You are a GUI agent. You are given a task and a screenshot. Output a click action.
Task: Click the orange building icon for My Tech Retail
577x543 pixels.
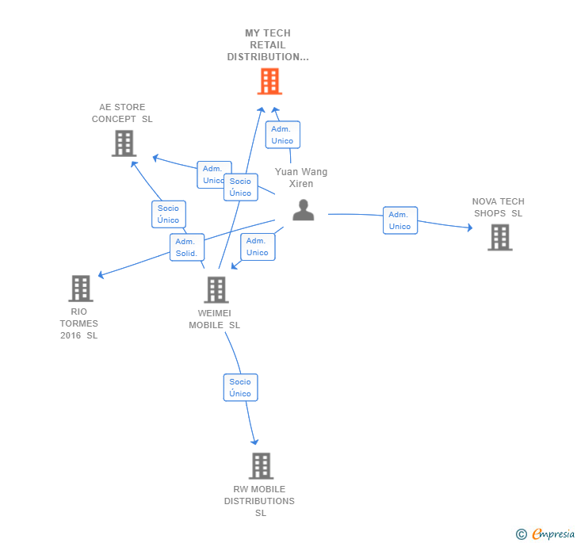tap(269, 81)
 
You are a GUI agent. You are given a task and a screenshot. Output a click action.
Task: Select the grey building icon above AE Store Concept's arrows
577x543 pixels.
tap(124, 143)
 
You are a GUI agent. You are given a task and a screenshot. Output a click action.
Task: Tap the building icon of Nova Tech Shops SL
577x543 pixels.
tap(499, 237)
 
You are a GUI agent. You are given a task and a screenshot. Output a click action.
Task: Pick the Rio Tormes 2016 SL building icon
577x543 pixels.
tap(81, 289)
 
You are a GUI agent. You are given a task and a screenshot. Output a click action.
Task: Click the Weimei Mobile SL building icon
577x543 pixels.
tap(216, 290)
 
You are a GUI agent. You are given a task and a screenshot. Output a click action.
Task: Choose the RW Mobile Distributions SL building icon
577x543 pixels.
tap(261, 466)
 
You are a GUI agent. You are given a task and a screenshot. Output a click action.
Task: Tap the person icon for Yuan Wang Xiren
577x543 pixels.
tap(304, 210)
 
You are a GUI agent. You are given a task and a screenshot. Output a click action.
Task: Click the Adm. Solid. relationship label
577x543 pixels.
tap(187, 247)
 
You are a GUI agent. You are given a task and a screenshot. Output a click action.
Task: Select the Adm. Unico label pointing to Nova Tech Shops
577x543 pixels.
tap(399, 220)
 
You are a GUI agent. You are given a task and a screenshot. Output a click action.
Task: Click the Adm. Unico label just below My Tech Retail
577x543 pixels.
tap(282, 135)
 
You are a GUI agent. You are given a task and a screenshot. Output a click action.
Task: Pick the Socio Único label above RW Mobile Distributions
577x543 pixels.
tap(240, 388)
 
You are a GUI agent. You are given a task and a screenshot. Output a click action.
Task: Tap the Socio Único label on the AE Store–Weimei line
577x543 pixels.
tap(168, 214)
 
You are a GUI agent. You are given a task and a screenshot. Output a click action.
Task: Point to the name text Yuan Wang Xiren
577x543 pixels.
tap(301, 178)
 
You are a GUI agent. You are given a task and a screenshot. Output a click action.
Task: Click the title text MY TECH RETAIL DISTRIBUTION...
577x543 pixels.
tap(268, 45)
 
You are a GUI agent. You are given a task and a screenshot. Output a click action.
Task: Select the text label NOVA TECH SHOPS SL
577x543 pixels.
tap(498, 207)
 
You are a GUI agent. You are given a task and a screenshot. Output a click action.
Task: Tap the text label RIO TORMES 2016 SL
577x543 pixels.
tap(79, 323)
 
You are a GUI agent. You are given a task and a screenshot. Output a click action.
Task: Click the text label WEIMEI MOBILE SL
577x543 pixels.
tap(214, 319)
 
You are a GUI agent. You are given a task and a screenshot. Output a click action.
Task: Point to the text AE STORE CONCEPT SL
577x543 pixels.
tap(122, 113)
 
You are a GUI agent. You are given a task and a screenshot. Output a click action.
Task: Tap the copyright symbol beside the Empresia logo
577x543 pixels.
tap(522, 534)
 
